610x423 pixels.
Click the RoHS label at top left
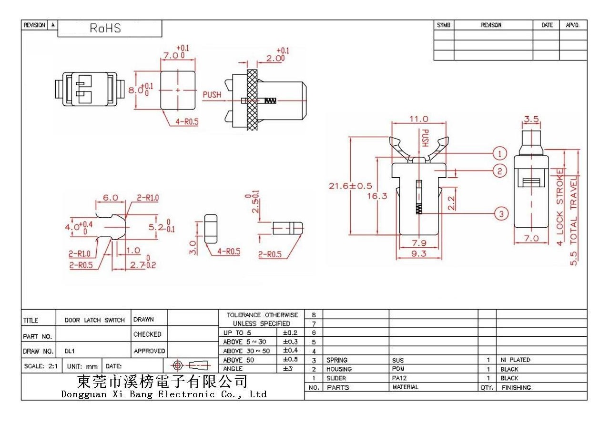(x=105, y=28)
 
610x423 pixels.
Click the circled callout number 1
(x=500, y=154)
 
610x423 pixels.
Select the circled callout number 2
(x=500, y=171)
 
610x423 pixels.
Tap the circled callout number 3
(x=501, y=214)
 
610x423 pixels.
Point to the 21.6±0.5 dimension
(x=350, y=186)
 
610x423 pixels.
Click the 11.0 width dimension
(x=419, y=119)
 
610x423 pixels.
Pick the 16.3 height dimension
(x=377, y=196)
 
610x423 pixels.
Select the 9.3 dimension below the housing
(x=418, y=254)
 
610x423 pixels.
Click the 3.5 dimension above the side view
(x=531, y=119)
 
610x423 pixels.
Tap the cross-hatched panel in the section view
(x=252, y=100)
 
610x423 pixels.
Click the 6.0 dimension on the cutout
(x=110, y=198)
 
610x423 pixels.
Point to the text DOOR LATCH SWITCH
(x=94, y=320)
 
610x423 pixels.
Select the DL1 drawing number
(x=70, y=351)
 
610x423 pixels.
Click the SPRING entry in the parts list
(x=337, y=360)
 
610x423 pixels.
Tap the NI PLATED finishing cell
(x=515, y=360)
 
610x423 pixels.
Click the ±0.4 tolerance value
(x=290, y=350)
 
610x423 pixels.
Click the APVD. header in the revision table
(x=573, y=25)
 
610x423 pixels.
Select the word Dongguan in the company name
(x=84, y=394)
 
